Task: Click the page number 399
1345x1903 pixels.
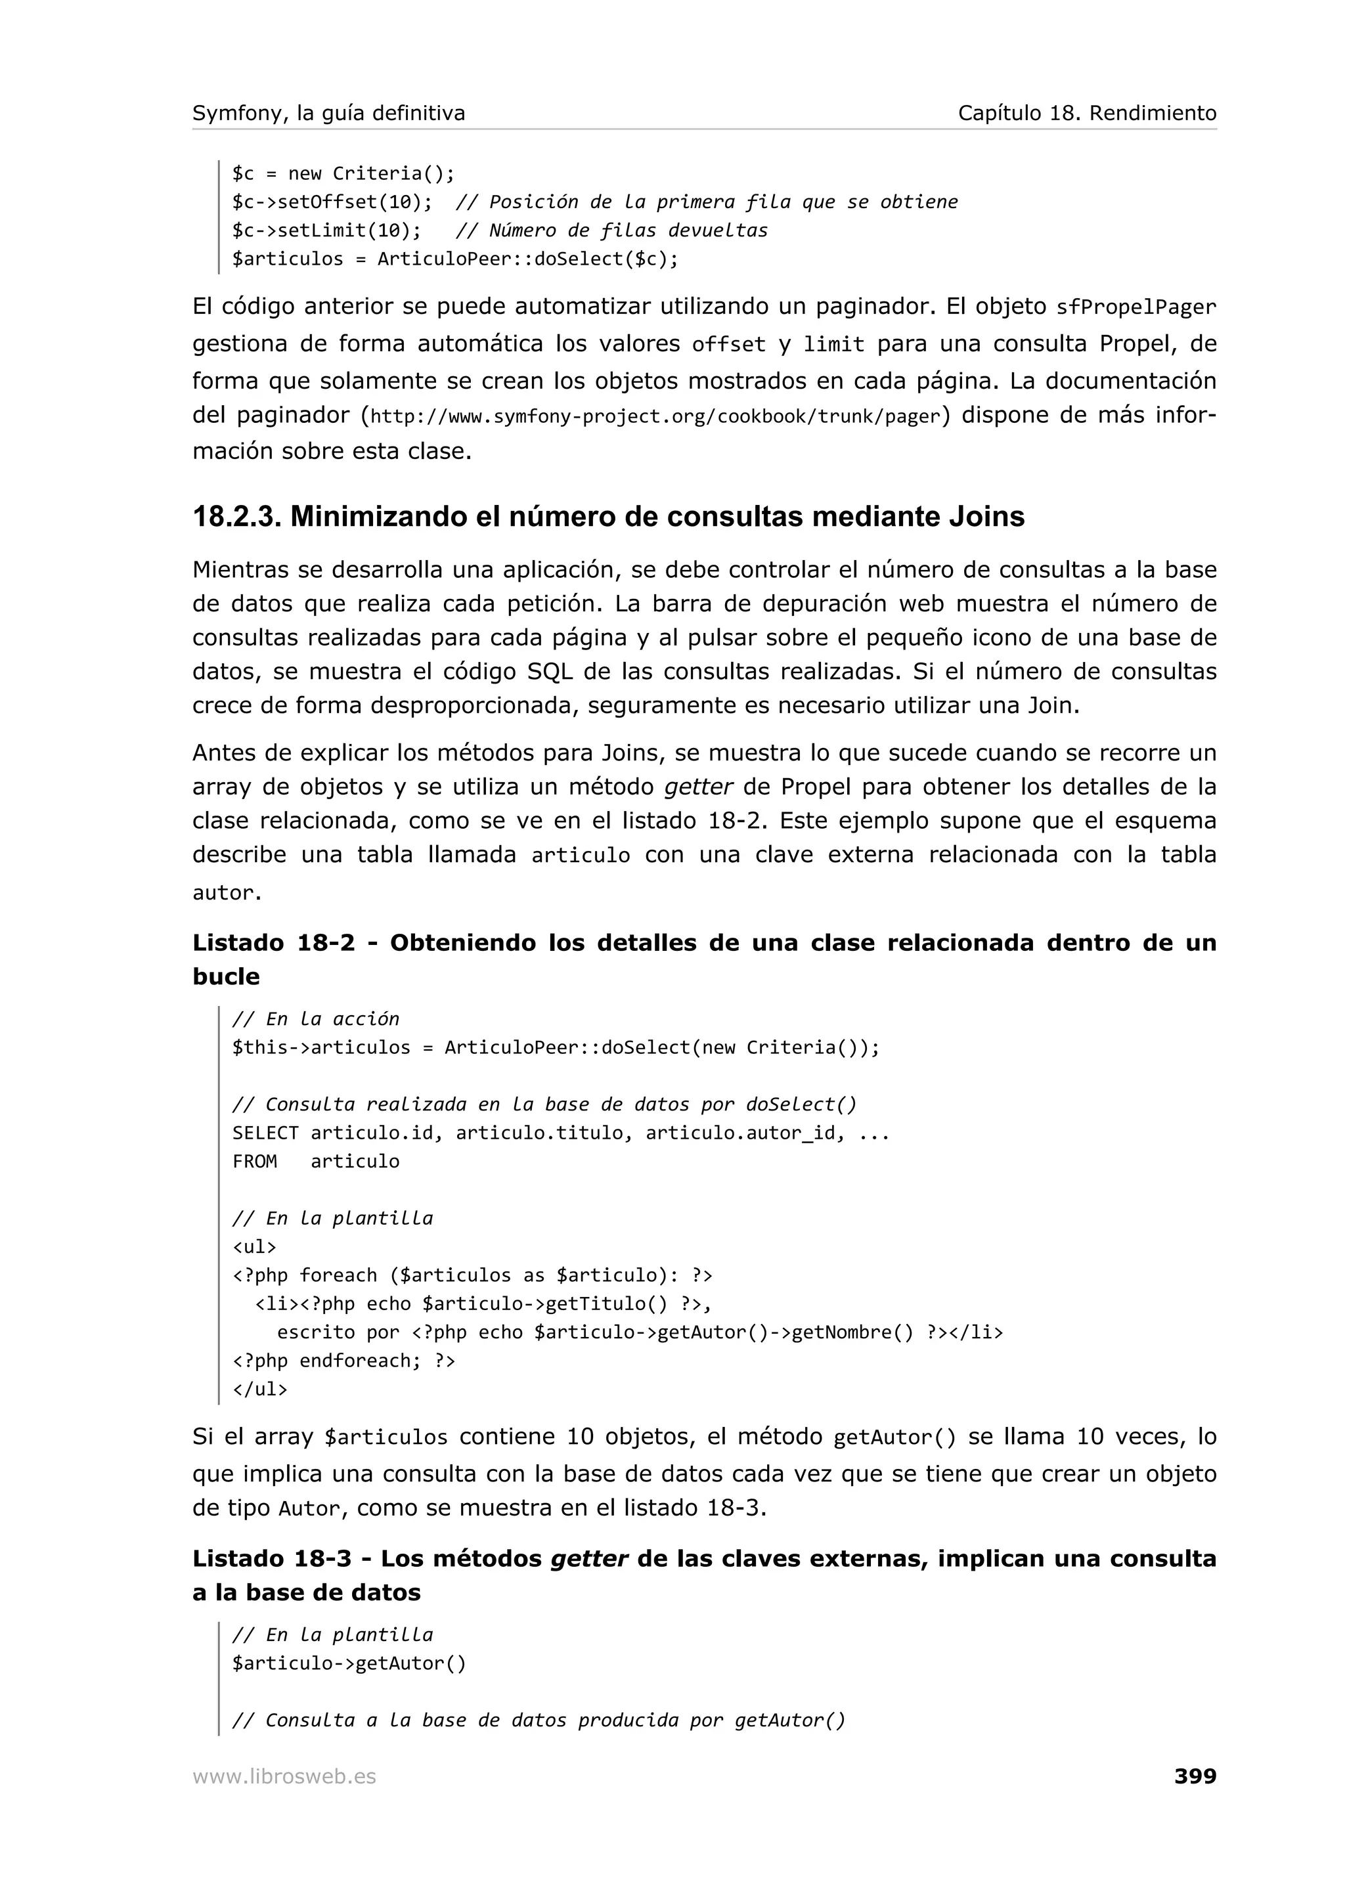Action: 1194,1776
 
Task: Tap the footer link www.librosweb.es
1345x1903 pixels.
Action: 284,1776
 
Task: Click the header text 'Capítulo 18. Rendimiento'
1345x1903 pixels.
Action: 1086,113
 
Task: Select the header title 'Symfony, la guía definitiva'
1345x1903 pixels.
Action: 328,113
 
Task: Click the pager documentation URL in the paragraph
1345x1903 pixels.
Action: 656,416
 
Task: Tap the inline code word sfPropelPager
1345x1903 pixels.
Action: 1136,307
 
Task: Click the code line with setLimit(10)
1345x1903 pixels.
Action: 326,230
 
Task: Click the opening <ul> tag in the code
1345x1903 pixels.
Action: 254,1246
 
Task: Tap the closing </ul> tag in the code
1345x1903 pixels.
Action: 259,1389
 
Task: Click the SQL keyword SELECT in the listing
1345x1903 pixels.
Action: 265,1133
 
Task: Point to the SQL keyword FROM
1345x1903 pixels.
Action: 254,1161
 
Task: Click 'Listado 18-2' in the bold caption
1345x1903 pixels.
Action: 273,942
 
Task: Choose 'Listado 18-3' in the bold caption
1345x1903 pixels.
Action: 273,1558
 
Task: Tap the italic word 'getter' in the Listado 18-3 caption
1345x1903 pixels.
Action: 589,1558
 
